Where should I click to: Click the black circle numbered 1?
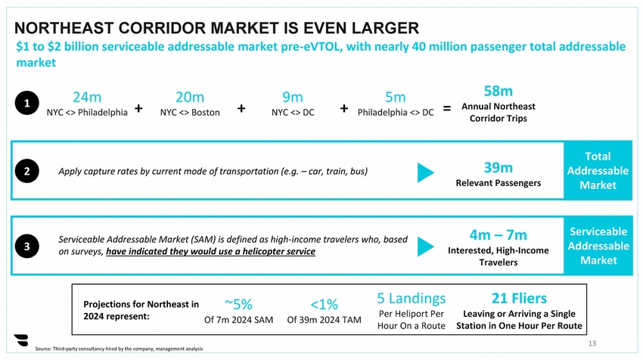tap(26, 104)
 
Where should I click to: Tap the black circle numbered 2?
tap(26, 171)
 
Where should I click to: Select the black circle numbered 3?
tap(26, 247)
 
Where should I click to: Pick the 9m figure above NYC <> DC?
tap(292, 98)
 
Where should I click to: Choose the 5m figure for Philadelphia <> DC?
tap(395, 98)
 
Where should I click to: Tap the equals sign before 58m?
tap(447, 109)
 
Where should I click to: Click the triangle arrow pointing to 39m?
tap(426, 172)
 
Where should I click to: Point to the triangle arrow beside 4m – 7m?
tap(426, 247)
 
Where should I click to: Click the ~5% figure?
tap(238, 304)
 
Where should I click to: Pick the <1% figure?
tap(324, 304)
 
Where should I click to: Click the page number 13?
tap(592, 343)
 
